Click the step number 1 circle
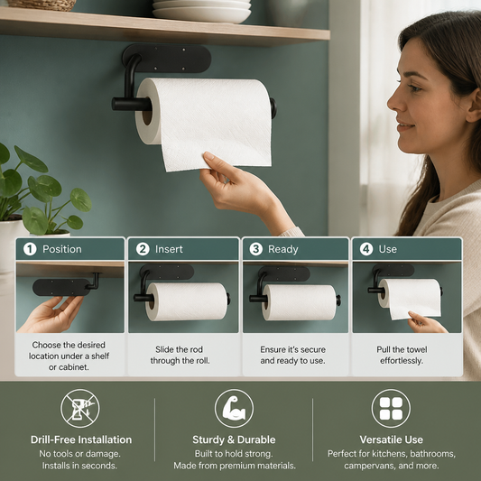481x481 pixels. pos(30,249)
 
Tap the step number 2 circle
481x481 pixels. pos(143,249)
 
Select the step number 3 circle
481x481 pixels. pos(255,249)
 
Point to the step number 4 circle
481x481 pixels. pos(366,249)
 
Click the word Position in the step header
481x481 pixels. pos(62,249)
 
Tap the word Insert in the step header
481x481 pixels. pos(169,249)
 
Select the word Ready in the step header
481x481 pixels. pos(283,249)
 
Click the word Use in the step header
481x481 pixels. pos(388,249)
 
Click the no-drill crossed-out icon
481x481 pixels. pos(80,408)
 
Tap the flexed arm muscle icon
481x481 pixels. pos(234,408)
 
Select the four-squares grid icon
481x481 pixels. pos(391,408)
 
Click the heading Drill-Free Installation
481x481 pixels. pos(81,439)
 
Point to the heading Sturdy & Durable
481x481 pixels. pos(234,439)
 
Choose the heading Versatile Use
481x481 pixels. pos(392,439)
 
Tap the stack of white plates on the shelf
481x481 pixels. pos(201,11)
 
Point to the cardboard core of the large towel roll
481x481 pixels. pos(148,114)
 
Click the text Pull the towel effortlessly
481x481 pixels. pos(402,355)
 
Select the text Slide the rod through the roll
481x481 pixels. pos(180,355)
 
